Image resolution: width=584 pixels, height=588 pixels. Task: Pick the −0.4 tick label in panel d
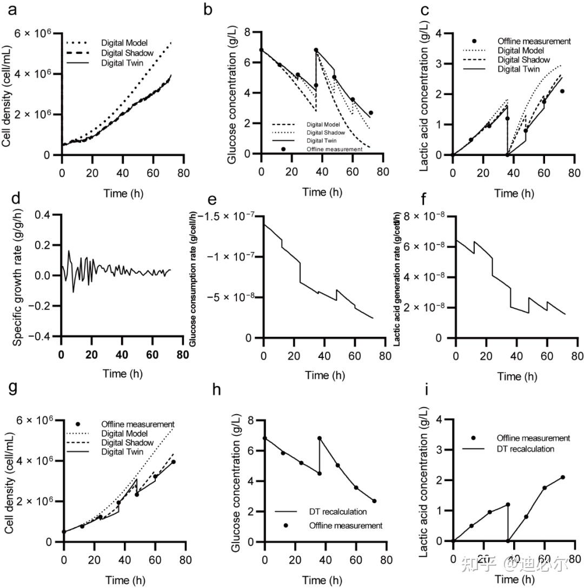(x=39, y=336)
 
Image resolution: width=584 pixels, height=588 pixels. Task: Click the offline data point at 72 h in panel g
(x=174, y=462)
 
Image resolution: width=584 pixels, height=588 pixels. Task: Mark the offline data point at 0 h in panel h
(x=265, y=438)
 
